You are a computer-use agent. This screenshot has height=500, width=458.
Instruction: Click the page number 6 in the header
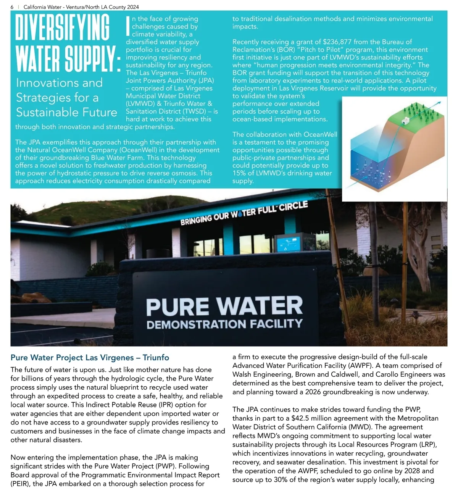click(x=12, y=7)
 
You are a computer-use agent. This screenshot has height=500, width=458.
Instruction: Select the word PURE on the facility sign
click(x=177, y=307)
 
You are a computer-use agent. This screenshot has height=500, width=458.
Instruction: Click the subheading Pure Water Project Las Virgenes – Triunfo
click(x=90, y=358)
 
